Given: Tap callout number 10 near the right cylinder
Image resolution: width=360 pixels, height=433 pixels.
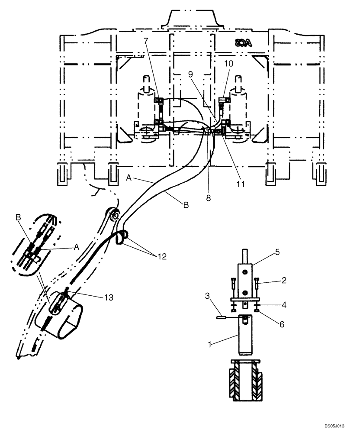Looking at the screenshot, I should point(228,64).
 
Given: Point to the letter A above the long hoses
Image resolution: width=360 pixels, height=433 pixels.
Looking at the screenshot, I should point(129,177).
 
